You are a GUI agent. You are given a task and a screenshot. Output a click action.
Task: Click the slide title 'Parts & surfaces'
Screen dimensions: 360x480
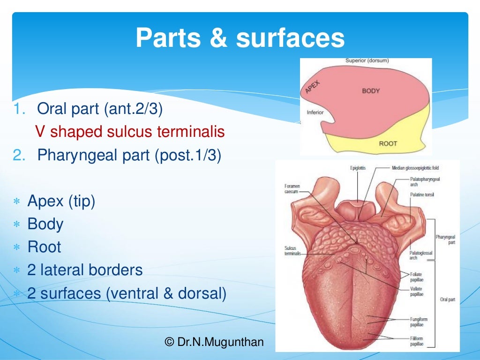[x=240, y=38]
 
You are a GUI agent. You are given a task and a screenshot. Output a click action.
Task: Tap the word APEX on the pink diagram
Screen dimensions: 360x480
[x=313, y=87]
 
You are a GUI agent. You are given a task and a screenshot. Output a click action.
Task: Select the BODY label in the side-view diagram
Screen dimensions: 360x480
[x=371, y=90]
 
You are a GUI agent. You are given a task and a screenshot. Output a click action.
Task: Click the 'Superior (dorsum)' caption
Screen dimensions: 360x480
[x=367, y=60]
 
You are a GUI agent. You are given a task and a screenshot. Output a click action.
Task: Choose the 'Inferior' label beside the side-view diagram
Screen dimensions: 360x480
[x=315, y=112]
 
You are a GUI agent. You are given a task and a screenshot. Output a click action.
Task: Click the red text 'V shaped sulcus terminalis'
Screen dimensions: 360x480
[x=130, y=132]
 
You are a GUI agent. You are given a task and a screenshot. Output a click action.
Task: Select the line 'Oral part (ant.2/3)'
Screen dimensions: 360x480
[x=100, y=110]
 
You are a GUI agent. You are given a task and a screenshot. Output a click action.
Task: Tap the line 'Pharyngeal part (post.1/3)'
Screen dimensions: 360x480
[x=129, y=155]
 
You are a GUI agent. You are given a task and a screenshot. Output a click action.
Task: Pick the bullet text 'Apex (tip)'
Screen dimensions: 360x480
[x=61, y=201]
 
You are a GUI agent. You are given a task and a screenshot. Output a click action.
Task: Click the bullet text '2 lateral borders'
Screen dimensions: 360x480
[x=85, y=270]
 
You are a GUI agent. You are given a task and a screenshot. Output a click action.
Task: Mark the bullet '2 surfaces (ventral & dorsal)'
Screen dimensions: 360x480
[x=127, y=293]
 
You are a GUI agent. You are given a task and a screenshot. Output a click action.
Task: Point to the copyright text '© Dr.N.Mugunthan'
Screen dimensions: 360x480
[x=215, y=342]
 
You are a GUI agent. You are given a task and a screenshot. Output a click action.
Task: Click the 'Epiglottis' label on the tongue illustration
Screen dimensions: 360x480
[x=358, y=168]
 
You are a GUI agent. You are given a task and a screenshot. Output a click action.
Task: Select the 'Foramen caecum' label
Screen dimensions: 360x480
[x=291, y=188]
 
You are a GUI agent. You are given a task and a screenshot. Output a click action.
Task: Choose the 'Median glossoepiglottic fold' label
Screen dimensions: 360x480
[x=415, y=168]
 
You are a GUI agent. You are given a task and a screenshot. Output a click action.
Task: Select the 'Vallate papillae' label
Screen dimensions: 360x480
[x=416, y=292]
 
